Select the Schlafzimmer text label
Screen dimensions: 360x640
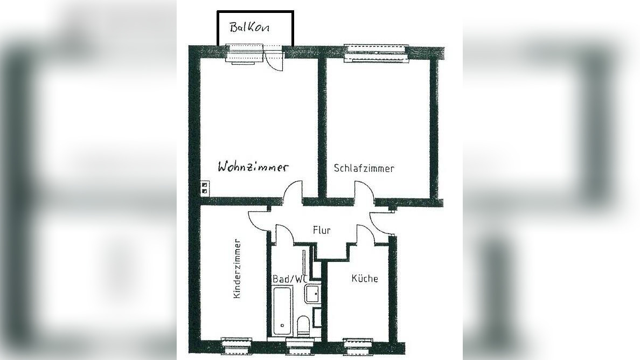click(x=364, y=168)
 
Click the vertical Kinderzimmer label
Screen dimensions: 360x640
click(x=237, y=269)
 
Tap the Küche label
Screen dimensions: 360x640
click(x=365, y=279)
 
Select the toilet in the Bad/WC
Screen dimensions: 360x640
click(x=303, y=327)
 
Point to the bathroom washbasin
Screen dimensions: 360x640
click(x=312, y=294)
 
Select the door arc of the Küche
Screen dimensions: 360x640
click(x=367, y=233)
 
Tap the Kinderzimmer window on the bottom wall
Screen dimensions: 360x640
click(x=236, y=344)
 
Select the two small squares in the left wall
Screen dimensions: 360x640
click(x=204, y=187)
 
